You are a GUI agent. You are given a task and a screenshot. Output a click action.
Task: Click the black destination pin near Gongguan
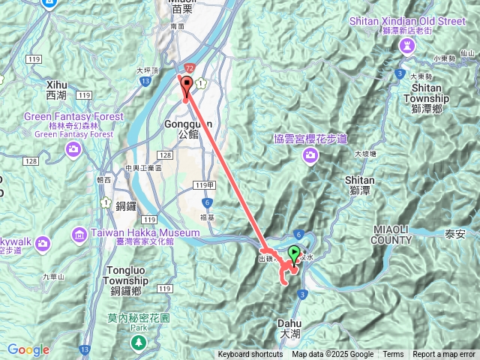click(186, 85)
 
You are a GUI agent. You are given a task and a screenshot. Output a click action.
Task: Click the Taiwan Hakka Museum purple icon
click(79, 236)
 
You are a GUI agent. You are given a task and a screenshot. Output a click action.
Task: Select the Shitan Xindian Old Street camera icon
click(407, 46)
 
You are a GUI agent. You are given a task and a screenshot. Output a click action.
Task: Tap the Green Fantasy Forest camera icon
click(73, 148)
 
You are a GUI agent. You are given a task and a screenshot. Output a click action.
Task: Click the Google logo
click(28, 350)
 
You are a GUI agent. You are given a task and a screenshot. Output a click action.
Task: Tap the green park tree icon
click(138, 342)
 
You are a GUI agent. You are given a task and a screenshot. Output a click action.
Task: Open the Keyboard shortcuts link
click(250, 355)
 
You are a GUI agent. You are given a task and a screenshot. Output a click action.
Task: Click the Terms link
click(393, 355)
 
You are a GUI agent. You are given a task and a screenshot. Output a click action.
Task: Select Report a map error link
click(444, 355)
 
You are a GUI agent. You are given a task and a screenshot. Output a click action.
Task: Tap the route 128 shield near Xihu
click(31, 161)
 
